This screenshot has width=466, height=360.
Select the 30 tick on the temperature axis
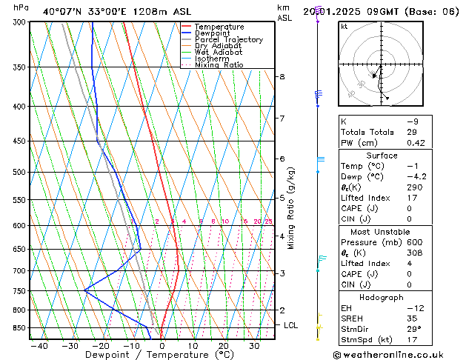(x=254, y=345)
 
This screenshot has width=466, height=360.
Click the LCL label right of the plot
(x=291, y=325)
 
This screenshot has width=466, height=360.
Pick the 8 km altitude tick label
(x=282, y=77)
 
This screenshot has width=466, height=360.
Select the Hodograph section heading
(x=382, y=297)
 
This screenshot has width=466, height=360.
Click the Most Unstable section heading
(x=382, y=232)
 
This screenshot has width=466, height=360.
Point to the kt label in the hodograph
(x=344, y=27)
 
